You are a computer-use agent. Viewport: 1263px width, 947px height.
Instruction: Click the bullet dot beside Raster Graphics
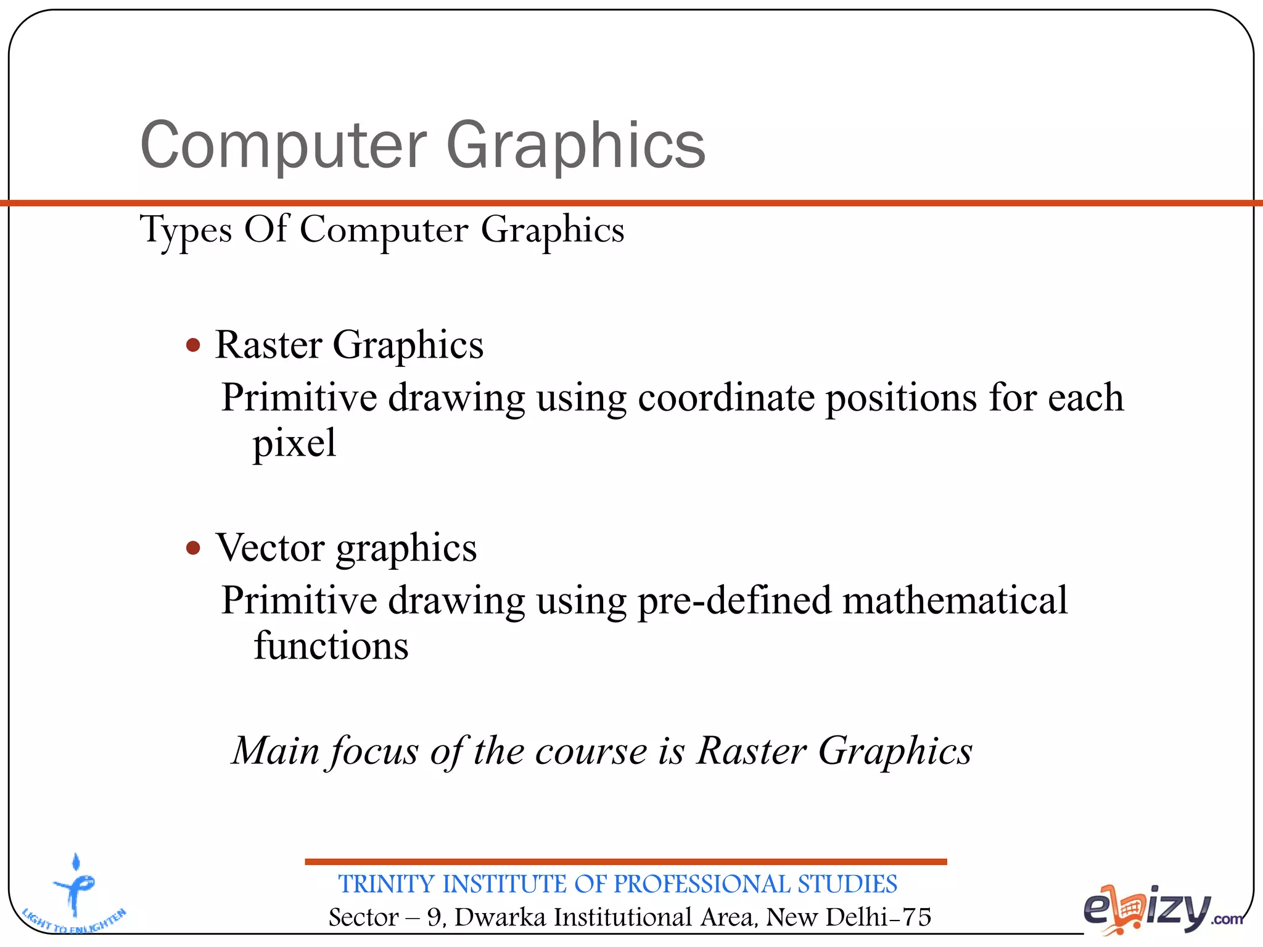[194, 345]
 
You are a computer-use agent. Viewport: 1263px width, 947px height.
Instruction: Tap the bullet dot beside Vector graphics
[194, 547]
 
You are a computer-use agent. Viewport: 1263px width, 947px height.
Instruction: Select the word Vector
[270, 547]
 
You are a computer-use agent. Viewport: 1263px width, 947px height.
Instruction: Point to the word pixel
[294, 443]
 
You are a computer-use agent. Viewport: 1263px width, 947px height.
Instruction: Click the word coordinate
[726, 398]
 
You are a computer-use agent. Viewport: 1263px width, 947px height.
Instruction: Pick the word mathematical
[955, 601]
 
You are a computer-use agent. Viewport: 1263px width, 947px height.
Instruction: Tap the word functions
[331, 646]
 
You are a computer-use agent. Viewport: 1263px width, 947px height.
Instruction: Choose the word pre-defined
[734, 601]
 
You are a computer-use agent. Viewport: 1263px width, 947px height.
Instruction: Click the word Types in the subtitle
[186, 231]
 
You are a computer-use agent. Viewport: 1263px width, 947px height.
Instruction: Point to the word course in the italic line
[591, 752]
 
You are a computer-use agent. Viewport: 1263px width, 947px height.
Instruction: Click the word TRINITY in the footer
[387, 884]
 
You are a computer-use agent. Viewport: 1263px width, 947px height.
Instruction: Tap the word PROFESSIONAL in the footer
[701, 884]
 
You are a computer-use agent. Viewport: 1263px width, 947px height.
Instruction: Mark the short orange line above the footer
[625, 861]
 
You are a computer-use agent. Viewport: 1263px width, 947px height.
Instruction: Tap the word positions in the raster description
[902, 398]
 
